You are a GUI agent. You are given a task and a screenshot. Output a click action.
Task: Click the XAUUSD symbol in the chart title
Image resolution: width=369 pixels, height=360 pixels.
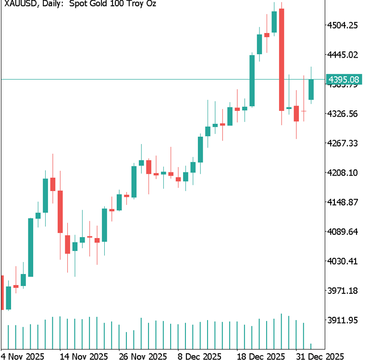point(18,4)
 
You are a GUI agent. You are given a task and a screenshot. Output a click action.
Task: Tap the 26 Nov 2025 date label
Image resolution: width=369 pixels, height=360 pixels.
point(143,356)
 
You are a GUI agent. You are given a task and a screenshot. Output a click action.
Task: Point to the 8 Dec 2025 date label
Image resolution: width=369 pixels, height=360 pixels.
point(199,356)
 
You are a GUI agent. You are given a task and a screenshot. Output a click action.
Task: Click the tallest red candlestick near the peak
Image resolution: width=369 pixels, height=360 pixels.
point(282,60)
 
